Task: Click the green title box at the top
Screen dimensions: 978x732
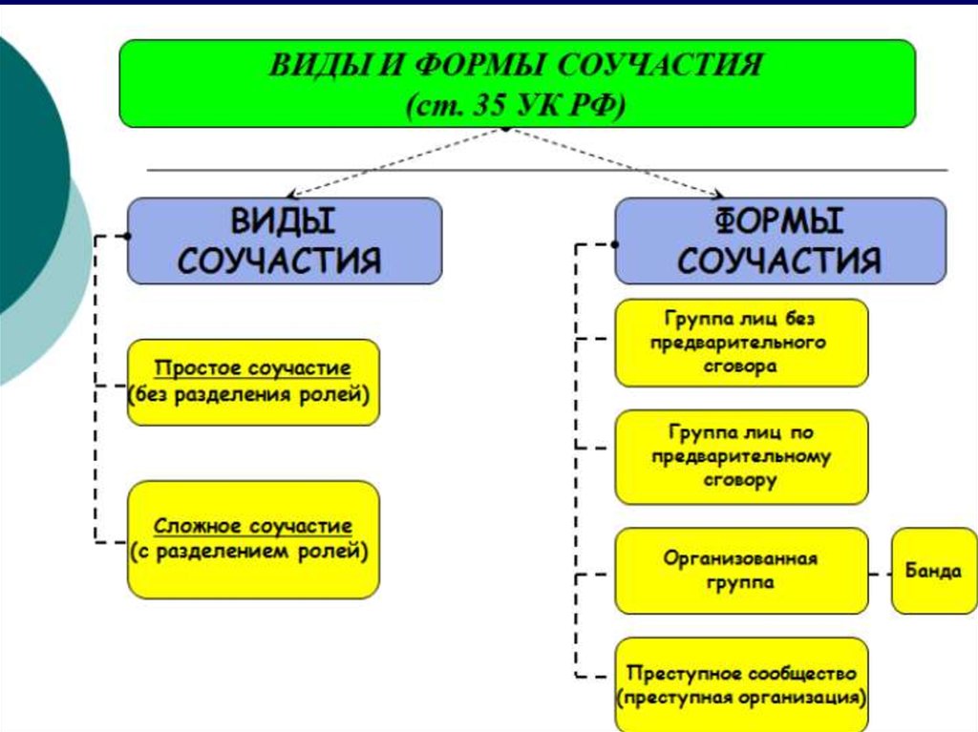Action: (517, 84)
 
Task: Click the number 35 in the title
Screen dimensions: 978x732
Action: (488, 105)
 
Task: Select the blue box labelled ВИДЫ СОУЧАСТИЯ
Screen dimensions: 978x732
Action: (285, 241)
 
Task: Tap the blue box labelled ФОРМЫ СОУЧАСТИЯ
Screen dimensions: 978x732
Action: (780, 241)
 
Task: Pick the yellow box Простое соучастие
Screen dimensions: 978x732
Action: (253, 382)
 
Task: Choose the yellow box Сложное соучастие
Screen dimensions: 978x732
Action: (253, 539)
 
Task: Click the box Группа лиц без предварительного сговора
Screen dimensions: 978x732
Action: (741, 343)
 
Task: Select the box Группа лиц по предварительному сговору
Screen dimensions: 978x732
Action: (741, 456)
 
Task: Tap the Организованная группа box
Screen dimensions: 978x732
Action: (741, 571)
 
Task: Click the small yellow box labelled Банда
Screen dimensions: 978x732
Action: (934, 571)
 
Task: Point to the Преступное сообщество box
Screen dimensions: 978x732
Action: (741, 684)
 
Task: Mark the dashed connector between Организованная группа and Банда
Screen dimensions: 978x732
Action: (880, 574)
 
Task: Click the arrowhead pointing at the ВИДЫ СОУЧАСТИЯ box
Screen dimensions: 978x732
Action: (292, 194)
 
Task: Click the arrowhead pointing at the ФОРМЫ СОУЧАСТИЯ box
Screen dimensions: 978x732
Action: (718, 194)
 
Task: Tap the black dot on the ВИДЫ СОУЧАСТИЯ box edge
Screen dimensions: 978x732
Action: (127, 237)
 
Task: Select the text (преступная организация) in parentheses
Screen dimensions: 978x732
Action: (741, 697)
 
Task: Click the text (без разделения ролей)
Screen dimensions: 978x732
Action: (249, 395)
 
